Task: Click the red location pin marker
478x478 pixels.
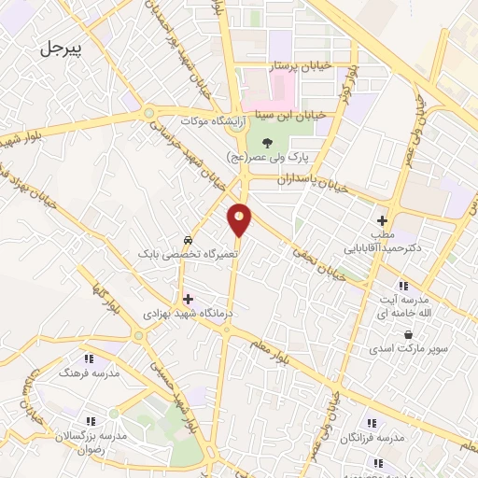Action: click(240, 220)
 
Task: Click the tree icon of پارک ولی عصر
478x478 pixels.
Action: click(268, 143)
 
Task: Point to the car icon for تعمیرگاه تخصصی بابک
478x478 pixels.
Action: click(190, 239)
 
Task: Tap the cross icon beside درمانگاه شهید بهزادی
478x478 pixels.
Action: click(189, 300)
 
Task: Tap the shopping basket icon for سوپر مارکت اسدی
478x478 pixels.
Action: click(409, 333)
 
